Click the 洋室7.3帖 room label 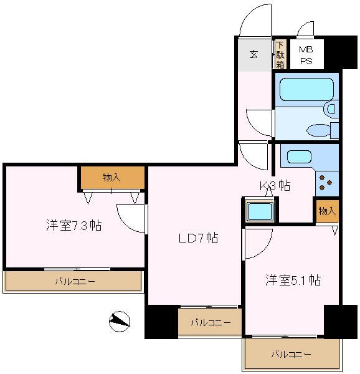[73, 225]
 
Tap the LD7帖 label [198, 238]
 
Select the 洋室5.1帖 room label [293, 280]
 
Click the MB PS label [306, 55]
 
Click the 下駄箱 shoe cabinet [280, 54]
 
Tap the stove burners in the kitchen [326, 181]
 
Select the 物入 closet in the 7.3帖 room [112, 178]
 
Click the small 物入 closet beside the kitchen [327, 211]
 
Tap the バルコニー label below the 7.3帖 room [75, 282]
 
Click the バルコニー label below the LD [211, 322]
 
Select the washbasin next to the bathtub [330, 109]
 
